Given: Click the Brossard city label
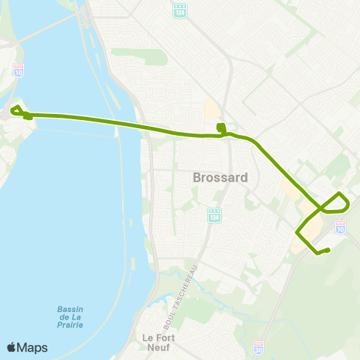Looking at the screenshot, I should (x=214, y=178).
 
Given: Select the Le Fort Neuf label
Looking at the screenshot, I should (x=158, y=343).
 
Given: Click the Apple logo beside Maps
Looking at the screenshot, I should (x=11, y=347).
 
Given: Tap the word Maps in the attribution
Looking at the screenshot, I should (x=32, y=347).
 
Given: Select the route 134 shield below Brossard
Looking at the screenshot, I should (x=215, y=215).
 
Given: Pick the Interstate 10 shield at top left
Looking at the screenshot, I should (x=18, y=70).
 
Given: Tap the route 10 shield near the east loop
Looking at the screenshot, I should (x=340, y=226).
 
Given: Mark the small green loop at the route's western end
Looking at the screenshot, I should (x=16, y=111).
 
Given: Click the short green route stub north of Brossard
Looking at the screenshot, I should (x=220, y=128).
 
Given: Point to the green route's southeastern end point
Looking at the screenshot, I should (x=328, y=249).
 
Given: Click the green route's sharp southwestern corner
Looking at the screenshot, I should (x=297, y=232).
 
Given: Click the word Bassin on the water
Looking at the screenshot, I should (x=71, y=310).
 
